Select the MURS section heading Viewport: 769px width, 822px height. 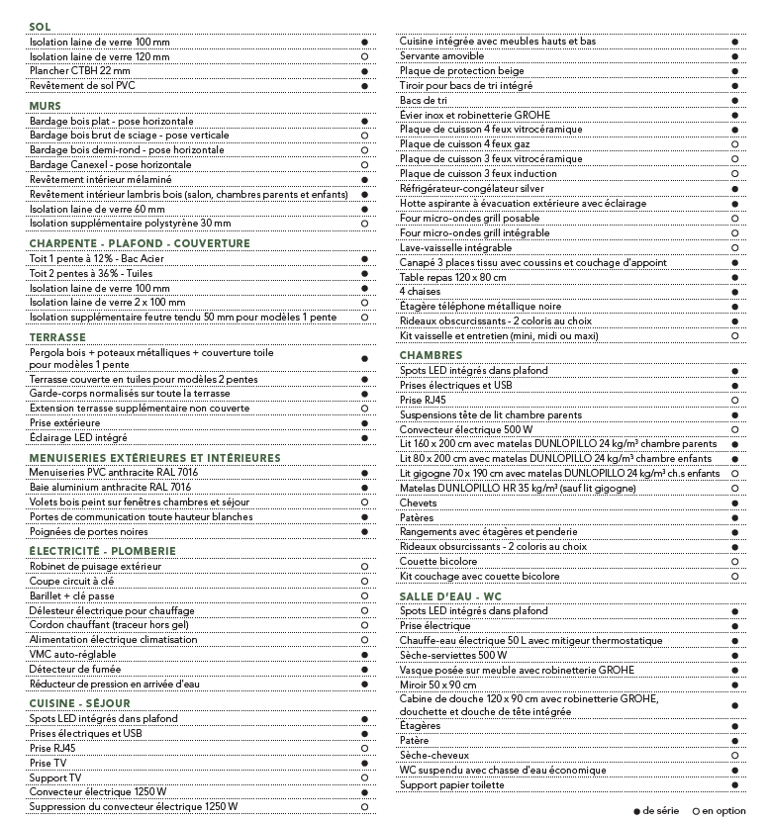click(x=45, y=106)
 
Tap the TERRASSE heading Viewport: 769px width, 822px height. click(x=57, y=337)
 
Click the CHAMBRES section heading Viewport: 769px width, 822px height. click(x=431, y=355)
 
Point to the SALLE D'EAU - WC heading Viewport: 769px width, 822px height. click(x=450, y=596)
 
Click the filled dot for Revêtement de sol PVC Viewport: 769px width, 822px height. click(x=364, y=86)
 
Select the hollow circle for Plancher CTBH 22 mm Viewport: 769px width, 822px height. click(x=364, y=71)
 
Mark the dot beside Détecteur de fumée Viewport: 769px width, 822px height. click(x=364, y=670)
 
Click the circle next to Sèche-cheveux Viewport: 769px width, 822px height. click(x=734, y=756)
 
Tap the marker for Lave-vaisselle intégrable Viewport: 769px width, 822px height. click(x=734, y=247)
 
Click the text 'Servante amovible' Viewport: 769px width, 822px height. click(x=441, y=56)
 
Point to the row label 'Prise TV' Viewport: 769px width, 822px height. click(x=48, y=763)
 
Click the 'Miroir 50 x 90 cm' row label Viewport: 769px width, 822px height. click(x=437, y=685)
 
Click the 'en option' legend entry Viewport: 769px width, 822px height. click(x=720, y=810)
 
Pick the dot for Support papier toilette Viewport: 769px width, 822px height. click(x=734, y=785)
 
